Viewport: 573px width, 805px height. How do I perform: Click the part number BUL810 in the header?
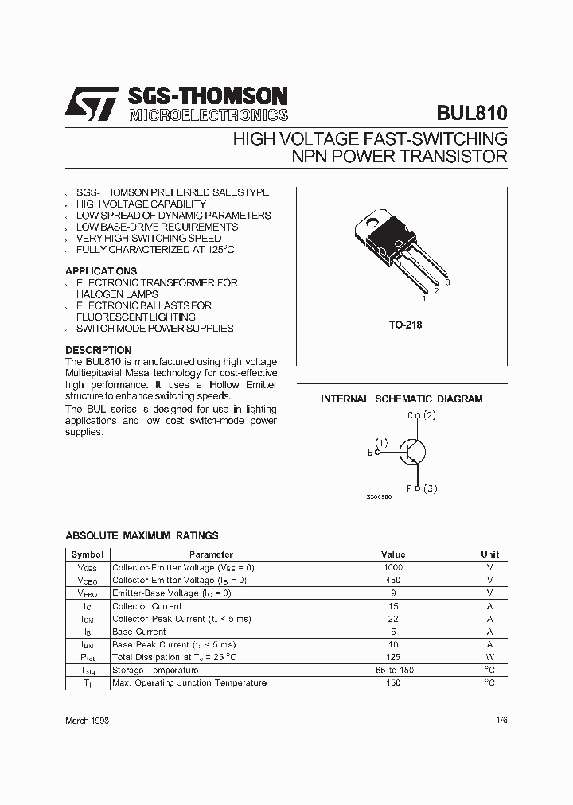(471, 112)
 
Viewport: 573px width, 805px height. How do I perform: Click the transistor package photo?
(397, 251)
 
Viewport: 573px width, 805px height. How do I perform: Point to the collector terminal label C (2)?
(421, 415)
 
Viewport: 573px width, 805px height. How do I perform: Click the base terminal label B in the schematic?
(370, 452)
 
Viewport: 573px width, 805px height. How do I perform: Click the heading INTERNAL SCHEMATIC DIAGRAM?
(401, 399)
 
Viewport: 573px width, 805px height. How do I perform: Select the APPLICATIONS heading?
(101, 271)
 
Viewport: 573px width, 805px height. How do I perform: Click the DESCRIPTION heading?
(98, 350)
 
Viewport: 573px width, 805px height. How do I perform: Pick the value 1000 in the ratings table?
(392, 567)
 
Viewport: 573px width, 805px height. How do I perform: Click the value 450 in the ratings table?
(392, 580)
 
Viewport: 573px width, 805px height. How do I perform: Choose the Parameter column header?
(211, 554)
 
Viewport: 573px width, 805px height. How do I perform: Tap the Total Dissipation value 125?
(392, 657)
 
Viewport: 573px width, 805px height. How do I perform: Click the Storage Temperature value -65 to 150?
(392, 670)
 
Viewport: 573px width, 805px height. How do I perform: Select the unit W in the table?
(489, 657)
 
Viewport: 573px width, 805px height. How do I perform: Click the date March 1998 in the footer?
(87, 720)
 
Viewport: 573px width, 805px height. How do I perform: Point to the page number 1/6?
(500, 720)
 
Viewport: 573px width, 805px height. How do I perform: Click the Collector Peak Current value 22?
(392, 619)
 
